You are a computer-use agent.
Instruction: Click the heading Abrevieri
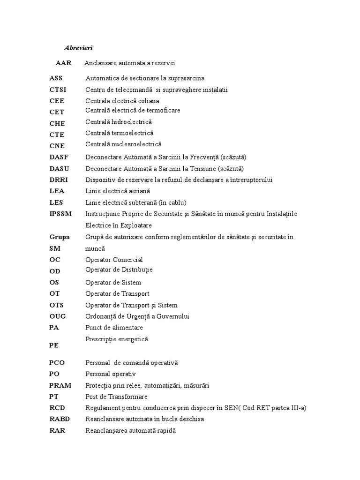coord(78,48)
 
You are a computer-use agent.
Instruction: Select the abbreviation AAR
coord(63,63)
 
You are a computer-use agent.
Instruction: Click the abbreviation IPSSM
coord(60,214)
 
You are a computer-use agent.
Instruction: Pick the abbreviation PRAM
coord(60,385)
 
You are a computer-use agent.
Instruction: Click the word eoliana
coord(148,101)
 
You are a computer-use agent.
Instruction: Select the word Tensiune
coord(203,168)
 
